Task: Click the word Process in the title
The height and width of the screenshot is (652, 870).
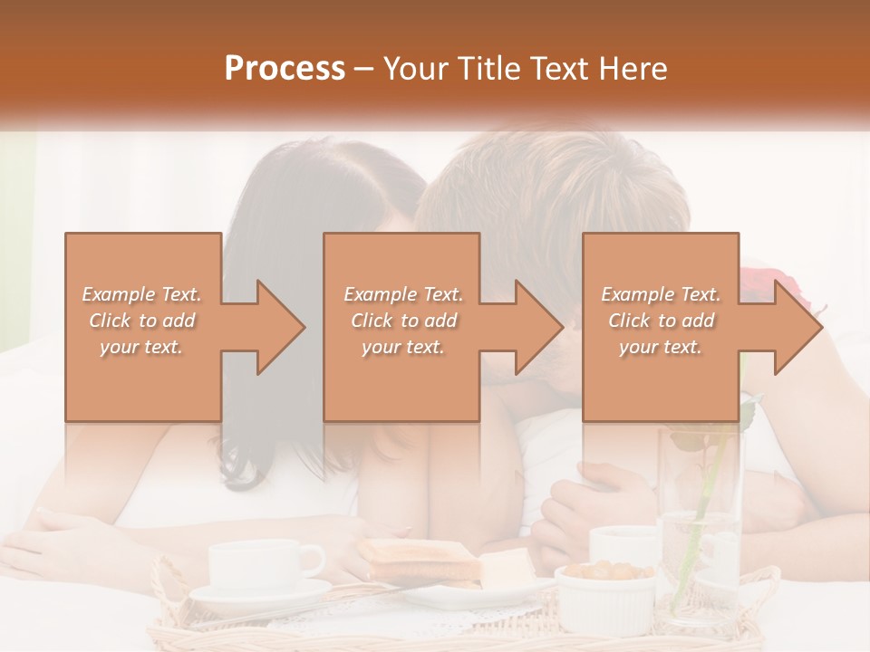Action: tap(285, 69)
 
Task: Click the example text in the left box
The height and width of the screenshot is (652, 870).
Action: tap(142, 320)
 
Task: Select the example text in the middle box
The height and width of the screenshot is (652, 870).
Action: tap(402, 320)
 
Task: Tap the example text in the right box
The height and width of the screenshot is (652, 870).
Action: tap(660, 320)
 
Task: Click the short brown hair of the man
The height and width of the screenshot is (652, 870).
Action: tap(553, 181)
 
